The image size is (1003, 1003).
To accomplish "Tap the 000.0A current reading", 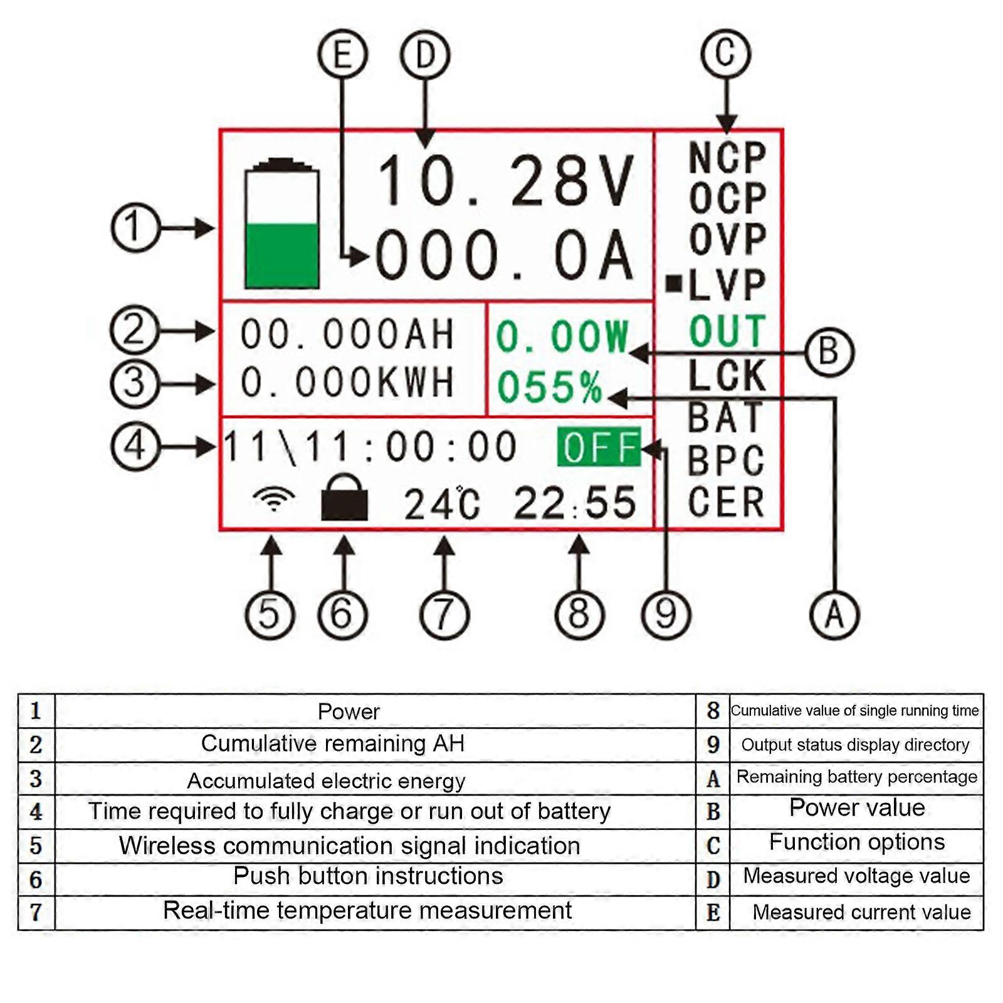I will click(505, 256).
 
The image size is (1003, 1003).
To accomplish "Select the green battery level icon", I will click(281, 224).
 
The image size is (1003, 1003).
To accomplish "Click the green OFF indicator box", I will click(599, 447).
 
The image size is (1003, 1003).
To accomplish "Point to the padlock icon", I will click(344, 498).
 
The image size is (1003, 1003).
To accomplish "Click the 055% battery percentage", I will click(549, 386).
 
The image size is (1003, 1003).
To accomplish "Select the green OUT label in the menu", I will click(727, 331).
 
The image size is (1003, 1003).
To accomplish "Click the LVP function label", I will click(727, 285).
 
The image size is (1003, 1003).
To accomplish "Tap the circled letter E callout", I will click(342, 55).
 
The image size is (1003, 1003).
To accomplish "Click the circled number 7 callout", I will click(444, 614).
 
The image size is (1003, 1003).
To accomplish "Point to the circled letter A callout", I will click(834, 614).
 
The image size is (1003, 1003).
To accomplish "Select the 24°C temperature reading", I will click(442, 504).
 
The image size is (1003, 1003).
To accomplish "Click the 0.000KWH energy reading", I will click(347, 382).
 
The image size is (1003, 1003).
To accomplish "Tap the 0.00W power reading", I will click(562, 337).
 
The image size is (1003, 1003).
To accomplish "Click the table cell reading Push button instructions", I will click(369, 876).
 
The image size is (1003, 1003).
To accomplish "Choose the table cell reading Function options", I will click(856, 842).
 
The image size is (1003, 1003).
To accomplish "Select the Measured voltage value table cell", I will click(856, 876).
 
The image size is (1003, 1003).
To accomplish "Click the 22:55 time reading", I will click(575, 503).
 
